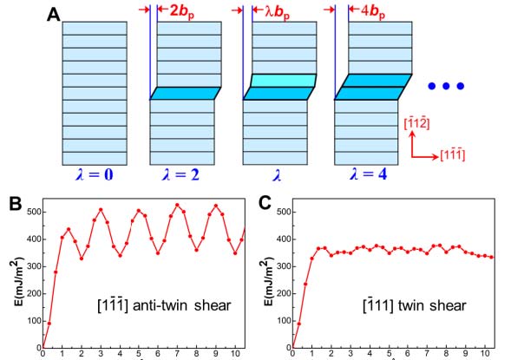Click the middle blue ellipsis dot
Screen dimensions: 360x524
(x=446, y=86)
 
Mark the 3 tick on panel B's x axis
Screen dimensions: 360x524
(x=100, y=353)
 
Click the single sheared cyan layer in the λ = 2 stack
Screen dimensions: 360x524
(x=186, y=93)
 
